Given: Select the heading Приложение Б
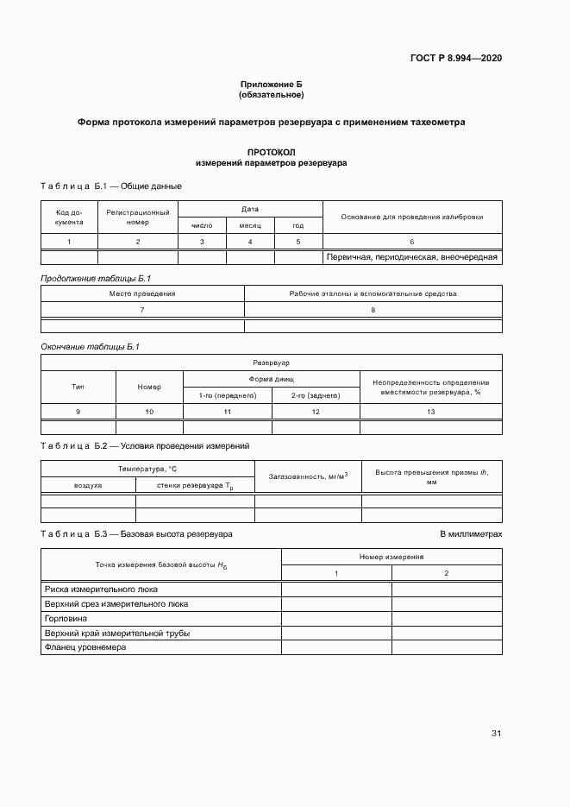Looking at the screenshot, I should coord(272,84).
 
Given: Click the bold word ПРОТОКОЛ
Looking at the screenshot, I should coord(271,151).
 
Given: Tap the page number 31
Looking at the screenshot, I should coord(496,734).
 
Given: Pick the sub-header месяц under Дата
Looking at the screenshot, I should coord(250,225).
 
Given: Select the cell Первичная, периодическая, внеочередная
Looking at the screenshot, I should coord(412,257).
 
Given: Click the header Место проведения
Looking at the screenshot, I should coord(142,293).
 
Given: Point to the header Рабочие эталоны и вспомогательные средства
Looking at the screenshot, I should coord(373,293).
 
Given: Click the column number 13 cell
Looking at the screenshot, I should coord(430,413).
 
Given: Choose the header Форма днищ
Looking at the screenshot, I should coord(272,379).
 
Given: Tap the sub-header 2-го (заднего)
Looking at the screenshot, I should coord(316,395).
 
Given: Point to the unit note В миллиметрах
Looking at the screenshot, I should coord(471,534).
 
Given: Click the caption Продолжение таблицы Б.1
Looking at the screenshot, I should coord(96,278).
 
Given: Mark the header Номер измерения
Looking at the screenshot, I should coord(391,558).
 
